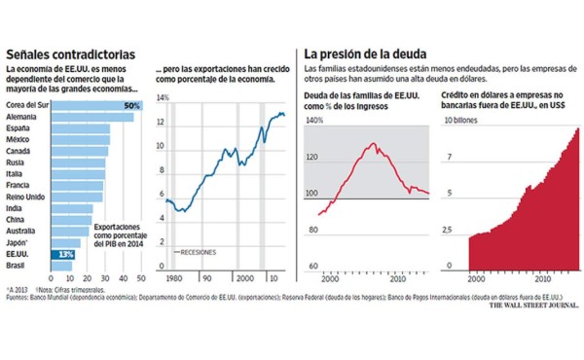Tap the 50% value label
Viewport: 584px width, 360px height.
click(x=132, y=105)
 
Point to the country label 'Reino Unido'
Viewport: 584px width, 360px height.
click(x=29, y=197)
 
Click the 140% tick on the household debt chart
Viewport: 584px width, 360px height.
click(x=314, y=121)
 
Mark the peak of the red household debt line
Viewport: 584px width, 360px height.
click(x=373, y=144)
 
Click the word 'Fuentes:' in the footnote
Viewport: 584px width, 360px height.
click(x=18, y=298)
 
